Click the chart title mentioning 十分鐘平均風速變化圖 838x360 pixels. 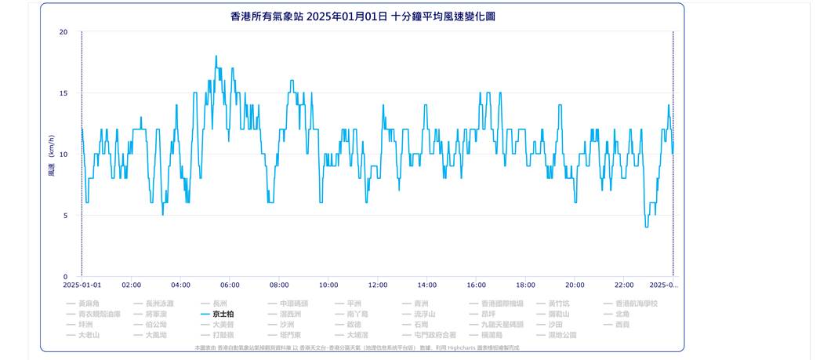tap(363, 16)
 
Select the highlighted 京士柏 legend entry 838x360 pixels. tap(223, 314)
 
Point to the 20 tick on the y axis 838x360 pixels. tap(63, 32)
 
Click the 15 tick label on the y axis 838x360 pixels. tap(63, 93)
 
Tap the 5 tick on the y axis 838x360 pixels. tap(65, 216)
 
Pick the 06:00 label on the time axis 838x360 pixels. tap(230, 285)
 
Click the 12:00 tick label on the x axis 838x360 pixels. tap(378, 285)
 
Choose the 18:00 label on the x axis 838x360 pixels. tap(525, 285)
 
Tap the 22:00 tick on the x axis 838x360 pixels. tap(624, 285)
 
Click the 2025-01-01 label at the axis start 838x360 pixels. tap(82, 285)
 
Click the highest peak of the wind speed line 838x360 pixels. tap(216, 56)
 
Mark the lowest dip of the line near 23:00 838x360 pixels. tap(647, 227)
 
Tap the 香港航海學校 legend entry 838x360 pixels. tap(636, 304)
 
